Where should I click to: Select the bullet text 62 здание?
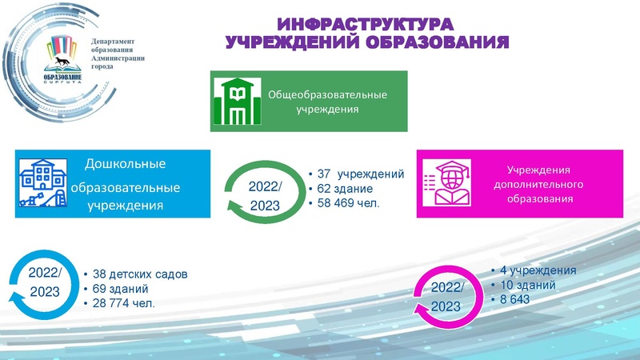(x=346, y=189)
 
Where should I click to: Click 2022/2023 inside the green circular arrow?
(x=266, y=196)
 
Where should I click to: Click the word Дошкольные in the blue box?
(x=126, y=165)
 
